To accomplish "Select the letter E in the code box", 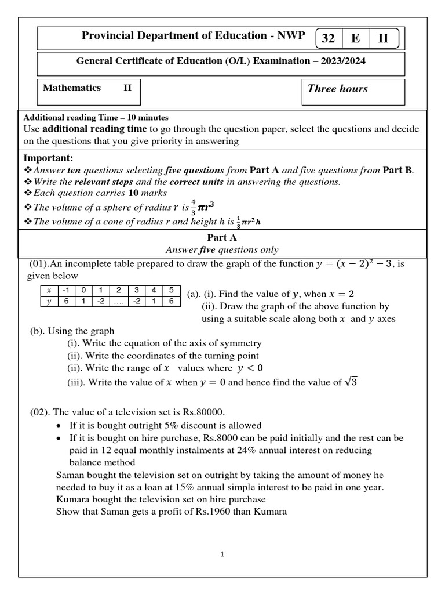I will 355,39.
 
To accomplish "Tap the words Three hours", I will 337,89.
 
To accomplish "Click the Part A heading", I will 222,238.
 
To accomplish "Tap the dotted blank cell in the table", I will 119,301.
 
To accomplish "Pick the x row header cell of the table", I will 49,291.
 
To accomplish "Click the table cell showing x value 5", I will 172,291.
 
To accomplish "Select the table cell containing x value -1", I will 67,291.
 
